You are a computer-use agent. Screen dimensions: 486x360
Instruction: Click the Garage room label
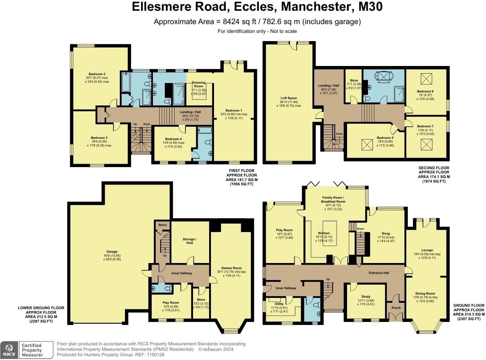112,252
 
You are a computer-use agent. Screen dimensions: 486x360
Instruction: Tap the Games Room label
231,268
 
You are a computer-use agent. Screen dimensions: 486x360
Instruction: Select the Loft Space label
289,98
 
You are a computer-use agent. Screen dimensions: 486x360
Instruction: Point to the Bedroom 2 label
97,74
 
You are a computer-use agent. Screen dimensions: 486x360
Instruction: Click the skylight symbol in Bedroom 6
426,79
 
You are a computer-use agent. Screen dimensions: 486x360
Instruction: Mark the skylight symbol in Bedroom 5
367,145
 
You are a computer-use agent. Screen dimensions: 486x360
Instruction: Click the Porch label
396,308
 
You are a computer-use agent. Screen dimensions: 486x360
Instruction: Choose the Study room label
366,296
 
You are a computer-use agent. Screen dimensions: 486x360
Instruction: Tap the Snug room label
386,233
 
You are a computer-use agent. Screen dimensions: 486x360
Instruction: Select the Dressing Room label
199,84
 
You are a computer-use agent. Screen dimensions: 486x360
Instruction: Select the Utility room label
279,304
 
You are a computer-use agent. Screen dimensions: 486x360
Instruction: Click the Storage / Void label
190,241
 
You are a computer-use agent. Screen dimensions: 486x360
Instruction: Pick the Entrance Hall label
379,273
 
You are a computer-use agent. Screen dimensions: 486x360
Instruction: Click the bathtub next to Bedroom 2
126,82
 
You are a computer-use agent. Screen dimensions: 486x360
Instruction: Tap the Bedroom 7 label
425,126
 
